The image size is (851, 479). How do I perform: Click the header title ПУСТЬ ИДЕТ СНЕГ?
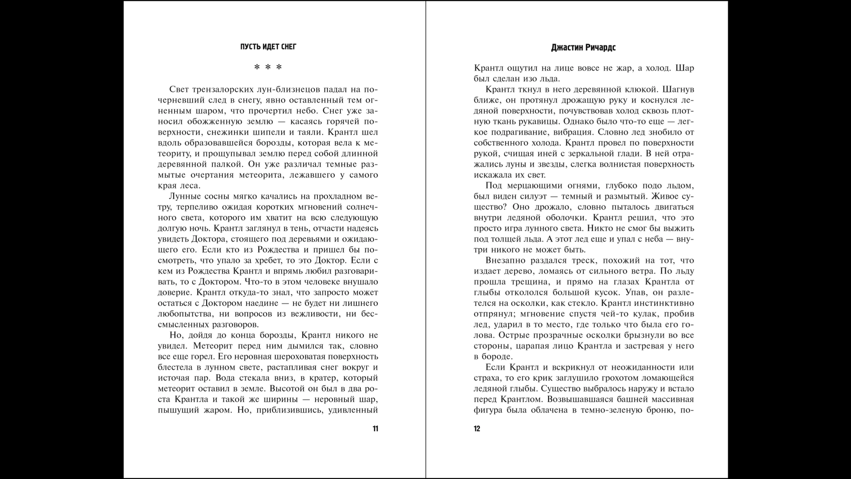click(268, 47)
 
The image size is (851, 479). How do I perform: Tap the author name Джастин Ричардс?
click(583, 47)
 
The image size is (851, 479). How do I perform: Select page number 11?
click(375, 428)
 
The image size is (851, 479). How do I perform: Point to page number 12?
click(477, 428)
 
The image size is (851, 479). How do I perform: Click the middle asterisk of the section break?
click(268, 67)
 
